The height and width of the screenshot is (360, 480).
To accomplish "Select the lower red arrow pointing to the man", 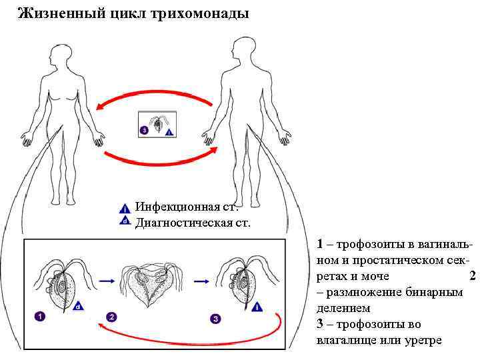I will coord(160,159).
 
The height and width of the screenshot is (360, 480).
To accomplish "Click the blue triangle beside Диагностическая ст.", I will coord(125,221).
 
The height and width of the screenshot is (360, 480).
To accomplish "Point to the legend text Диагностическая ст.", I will coord(193,222).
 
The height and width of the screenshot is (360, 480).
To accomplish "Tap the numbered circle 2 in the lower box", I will coord(112,317).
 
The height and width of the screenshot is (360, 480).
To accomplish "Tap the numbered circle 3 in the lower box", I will coord(215,319).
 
